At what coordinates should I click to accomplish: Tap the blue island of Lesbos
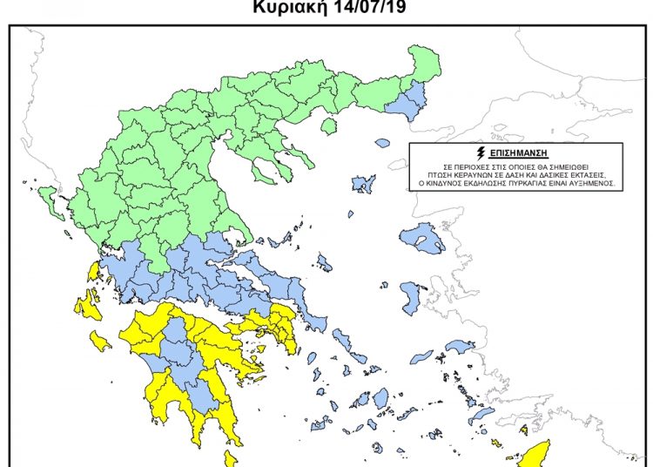(424, 236)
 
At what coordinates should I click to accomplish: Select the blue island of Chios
(413, 296)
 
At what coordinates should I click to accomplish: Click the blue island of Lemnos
(364, 184)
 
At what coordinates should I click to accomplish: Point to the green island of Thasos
(328, 126)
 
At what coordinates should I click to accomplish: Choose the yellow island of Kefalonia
(87, 306)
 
